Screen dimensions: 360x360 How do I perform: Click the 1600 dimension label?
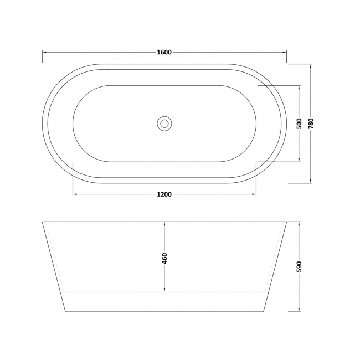pyautogui.click(x=164, y=53)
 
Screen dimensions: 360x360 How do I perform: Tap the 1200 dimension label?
pyautogui.click(x=164, y=194)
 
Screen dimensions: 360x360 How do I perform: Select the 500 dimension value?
pyautogui.click(x=300, y=124)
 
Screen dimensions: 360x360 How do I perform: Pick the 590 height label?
pyautogui.click(x=300, y=266)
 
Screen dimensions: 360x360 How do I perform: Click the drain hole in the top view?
pyautogui.click(x=164, y=123)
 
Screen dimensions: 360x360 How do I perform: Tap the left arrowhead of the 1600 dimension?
pyautogui.click(x=45, y=53)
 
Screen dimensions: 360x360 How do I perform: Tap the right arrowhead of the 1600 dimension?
pyautogui.click(x=285, y=53)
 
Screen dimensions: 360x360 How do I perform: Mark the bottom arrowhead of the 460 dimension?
pyautogui.click(x=164, y=291)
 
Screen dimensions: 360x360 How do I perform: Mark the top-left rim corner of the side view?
pyautogui.click(x=43, y=222)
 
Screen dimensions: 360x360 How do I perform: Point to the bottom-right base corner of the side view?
pyautogui.click(x=265, y=312)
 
